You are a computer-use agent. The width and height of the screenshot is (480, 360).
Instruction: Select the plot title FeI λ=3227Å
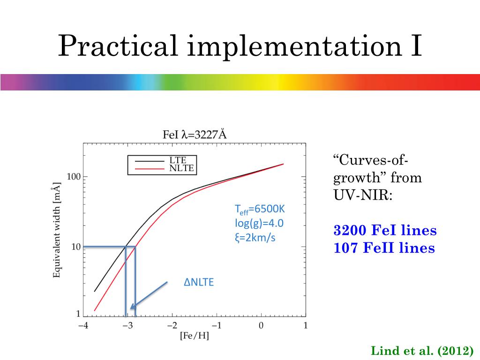point(195,135)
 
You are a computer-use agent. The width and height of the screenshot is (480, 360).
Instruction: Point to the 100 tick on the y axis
point(75,177)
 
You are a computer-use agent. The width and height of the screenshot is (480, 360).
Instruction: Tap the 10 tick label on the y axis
point(76,247)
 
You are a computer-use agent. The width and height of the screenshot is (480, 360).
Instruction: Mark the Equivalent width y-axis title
point(57,230)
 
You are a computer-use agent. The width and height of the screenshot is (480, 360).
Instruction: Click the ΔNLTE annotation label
point(198,283)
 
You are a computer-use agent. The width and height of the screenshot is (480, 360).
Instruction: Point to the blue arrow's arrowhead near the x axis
point(133,307)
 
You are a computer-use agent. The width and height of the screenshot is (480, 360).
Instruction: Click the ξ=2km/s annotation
point(255,238)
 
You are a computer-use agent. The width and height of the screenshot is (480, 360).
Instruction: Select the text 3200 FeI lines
point(385,231)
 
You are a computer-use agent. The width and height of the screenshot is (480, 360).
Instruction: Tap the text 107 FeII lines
point(384,247)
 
